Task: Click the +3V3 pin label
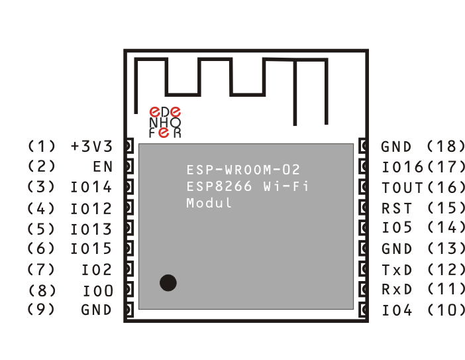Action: pos(91,147)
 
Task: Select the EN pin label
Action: pos(103,167)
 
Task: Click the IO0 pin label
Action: pos(97,290)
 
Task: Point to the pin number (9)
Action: pos(42,310)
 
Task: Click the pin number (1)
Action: pos(42,147)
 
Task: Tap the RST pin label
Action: pos(397,208)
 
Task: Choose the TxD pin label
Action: pos(397,270)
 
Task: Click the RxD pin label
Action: pos(397,290)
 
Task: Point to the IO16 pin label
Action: pos(403,167)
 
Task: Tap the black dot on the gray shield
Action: pos(168,282)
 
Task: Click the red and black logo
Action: pos(165,123)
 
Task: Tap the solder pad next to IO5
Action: pos(363,228)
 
